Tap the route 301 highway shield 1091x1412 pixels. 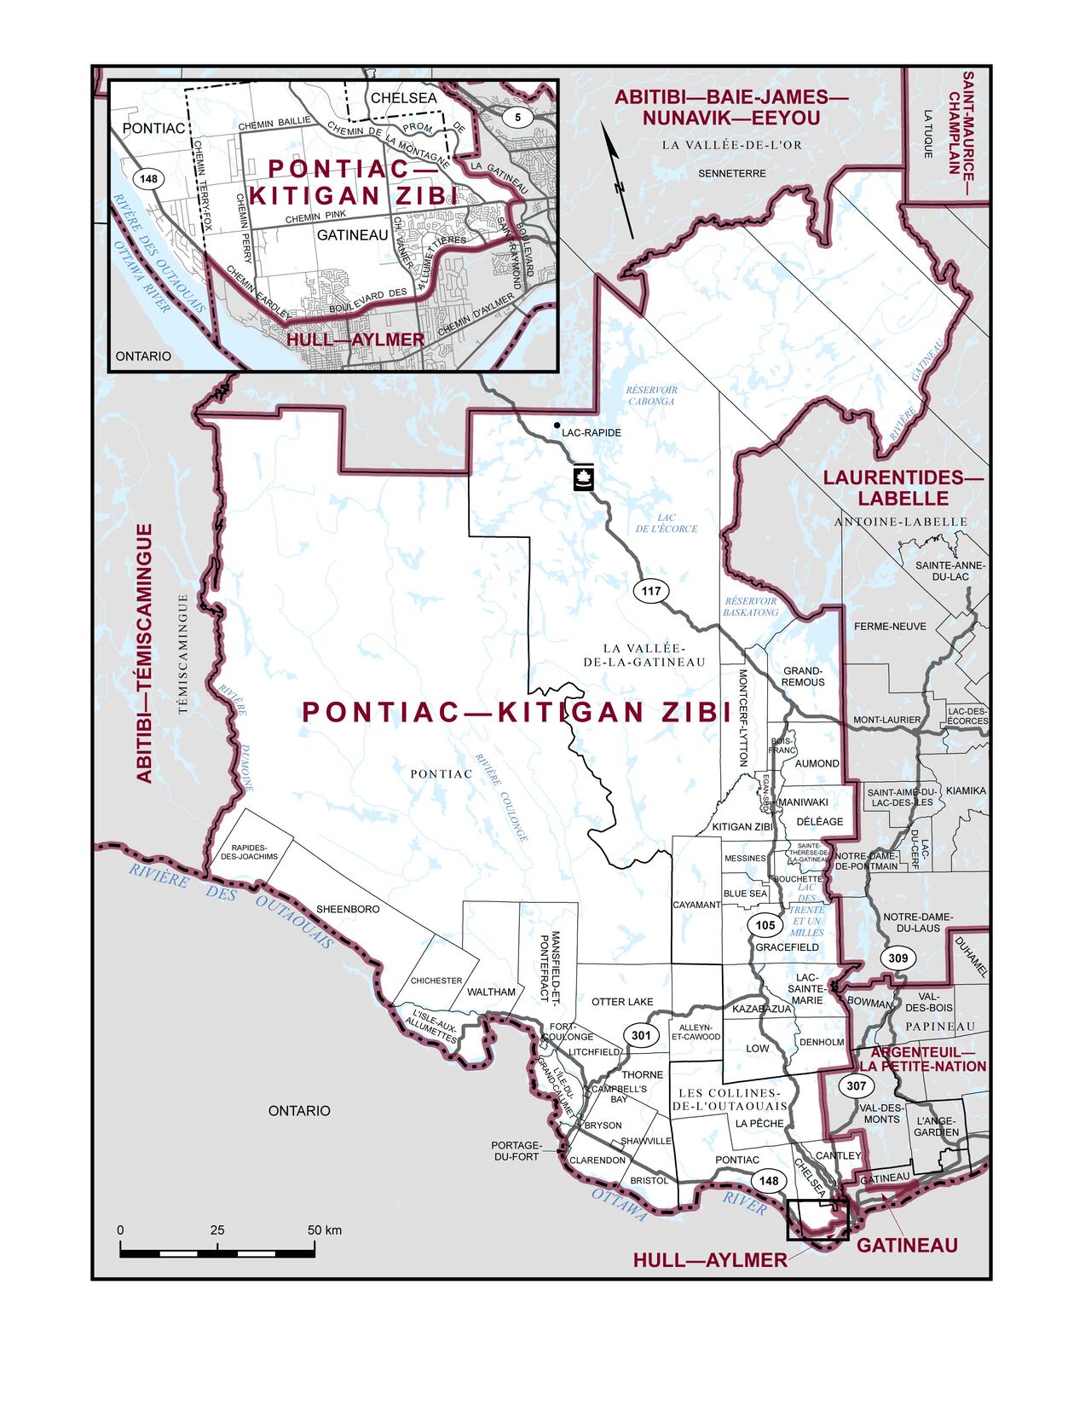(x=641, y=1034)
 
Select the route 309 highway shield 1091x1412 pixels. (x=898, y=958)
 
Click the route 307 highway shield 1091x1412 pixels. (x=856, y=1086)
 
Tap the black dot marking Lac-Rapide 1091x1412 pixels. (x=557, y=425)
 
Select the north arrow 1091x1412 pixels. (x=618, y=179)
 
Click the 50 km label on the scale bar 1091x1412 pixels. (x=324, y=1230)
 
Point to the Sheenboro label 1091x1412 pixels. (x=348, y=909)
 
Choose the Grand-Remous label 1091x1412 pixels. (x=804, y=676)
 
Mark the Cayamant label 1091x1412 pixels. (x=696, y=905)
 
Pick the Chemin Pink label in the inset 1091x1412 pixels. (x=309, y=219)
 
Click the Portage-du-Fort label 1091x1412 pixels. (x=517, y=1150)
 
